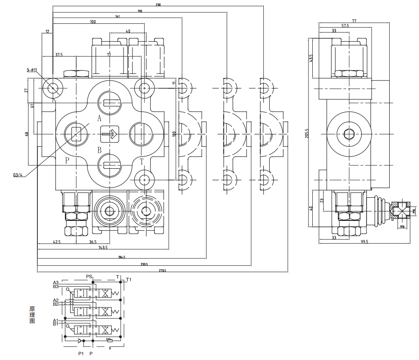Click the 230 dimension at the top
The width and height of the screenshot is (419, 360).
158,5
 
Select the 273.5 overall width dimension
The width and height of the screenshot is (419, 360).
162,270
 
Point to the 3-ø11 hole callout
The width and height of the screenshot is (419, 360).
32,69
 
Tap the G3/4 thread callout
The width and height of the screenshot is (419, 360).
18,175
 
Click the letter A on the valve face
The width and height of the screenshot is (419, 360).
99,118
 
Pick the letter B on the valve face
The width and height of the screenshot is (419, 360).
99,150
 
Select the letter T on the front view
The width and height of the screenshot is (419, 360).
142,161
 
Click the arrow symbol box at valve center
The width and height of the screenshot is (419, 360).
109,134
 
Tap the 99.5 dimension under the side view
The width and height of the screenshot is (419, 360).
365,242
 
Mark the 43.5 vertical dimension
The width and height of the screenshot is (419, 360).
311,58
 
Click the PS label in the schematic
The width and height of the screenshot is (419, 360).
89,276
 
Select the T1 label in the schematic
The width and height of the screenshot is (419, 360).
129,279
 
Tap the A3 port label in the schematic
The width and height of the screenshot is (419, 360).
55,282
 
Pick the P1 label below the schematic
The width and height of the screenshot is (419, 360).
80,354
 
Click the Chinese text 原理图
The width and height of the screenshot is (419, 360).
32,315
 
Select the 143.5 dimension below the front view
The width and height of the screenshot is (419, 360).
103,248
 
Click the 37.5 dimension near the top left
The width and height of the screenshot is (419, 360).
59,55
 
